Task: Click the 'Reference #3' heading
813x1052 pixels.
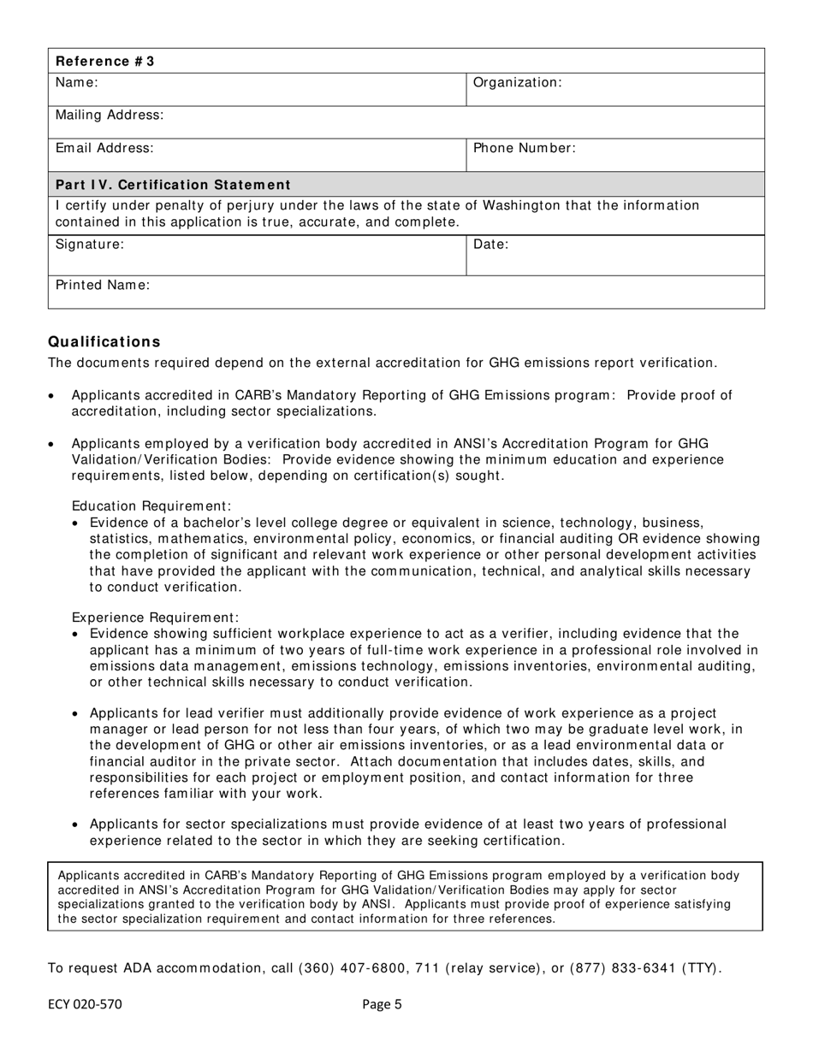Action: tap(105, 62)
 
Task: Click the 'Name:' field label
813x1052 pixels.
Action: tap(77, 83)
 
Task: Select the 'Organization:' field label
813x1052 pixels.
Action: tap(517, 83)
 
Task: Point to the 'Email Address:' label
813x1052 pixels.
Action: tap(104, 149)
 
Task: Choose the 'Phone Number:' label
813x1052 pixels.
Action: tap(524, 149)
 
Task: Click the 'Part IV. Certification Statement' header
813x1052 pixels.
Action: tap(173, 186)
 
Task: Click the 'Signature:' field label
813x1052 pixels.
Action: tap(90, 245)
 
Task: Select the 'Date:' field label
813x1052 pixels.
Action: tap(491, 245)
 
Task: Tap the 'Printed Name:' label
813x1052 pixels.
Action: tap(103, 286)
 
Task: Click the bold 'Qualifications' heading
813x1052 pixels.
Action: tap(104, 342)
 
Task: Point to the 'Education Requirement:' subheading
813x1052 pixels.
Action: tap(151, 506)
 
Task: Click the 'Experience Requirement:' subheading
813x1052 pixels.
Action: tap(155, 618)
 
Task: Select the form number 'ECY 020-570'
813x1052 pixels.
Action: tap(85, 1005)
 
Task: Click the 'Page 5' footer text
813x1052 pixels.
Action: tap(382, 1005)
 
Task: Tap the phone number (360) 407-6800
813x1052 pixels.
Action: tap(359, 969)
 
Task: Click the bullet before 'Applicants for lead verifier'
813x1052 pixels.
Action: tap(77, 714)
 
